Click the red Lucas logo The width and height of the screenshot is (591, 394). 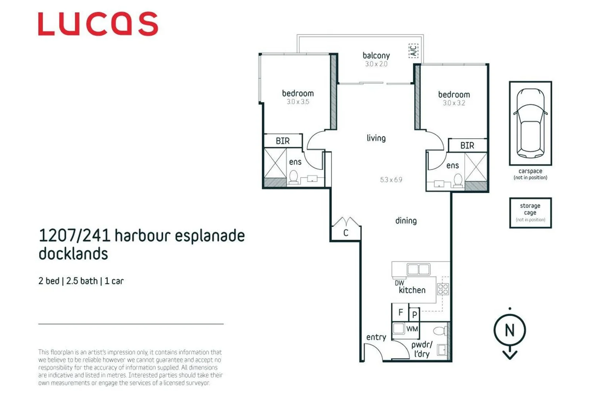[x=98, y=24]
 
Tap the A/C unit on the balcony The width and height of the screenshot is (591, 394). [x=413, y=51]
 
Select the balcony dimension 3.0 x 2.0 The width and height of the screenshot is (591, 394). [x=376, y=64]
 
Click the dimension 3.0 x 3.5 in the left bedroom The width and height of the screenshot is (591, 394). [x=298, y=102]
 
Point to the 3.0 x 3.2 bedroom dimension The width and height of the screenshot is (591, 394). [x=454, y=103]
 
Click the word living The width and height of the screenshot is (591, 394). [x=376, y=138]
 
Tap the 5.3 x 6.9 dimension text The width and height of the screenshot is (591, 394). [x=391, y=180]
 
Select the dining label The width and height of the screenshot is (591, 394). [x=406, y=221]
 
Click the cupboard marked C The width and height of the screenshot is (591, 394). [x=345, y=232]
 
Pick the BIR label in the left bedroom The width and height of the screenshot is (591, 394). [x=283, y=141]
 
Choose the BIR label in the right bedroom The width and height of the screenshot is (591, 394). [x=467, y=146]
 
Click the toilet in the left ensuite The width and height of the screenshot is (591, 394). [x=293, y=177]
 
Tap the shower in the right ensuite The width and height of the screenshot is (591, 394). [x=476, y=167]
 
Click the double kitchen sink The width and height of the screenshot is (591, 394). [x=418, y=270]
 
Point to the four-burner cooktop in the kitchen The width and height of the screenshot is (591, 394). [x=443, y=289]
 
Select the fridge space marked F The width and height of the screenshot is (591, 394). [x=400, y=312]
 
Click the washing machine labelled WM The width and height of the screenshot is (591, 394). [x=412, y=329]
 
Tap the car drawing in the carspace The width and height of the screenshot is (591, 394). [x=530, y=123]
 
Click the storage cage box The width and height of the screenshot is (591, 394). [x=530, y=213]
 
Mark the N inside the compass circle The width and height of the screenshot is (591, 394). [x=510, y=331]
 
